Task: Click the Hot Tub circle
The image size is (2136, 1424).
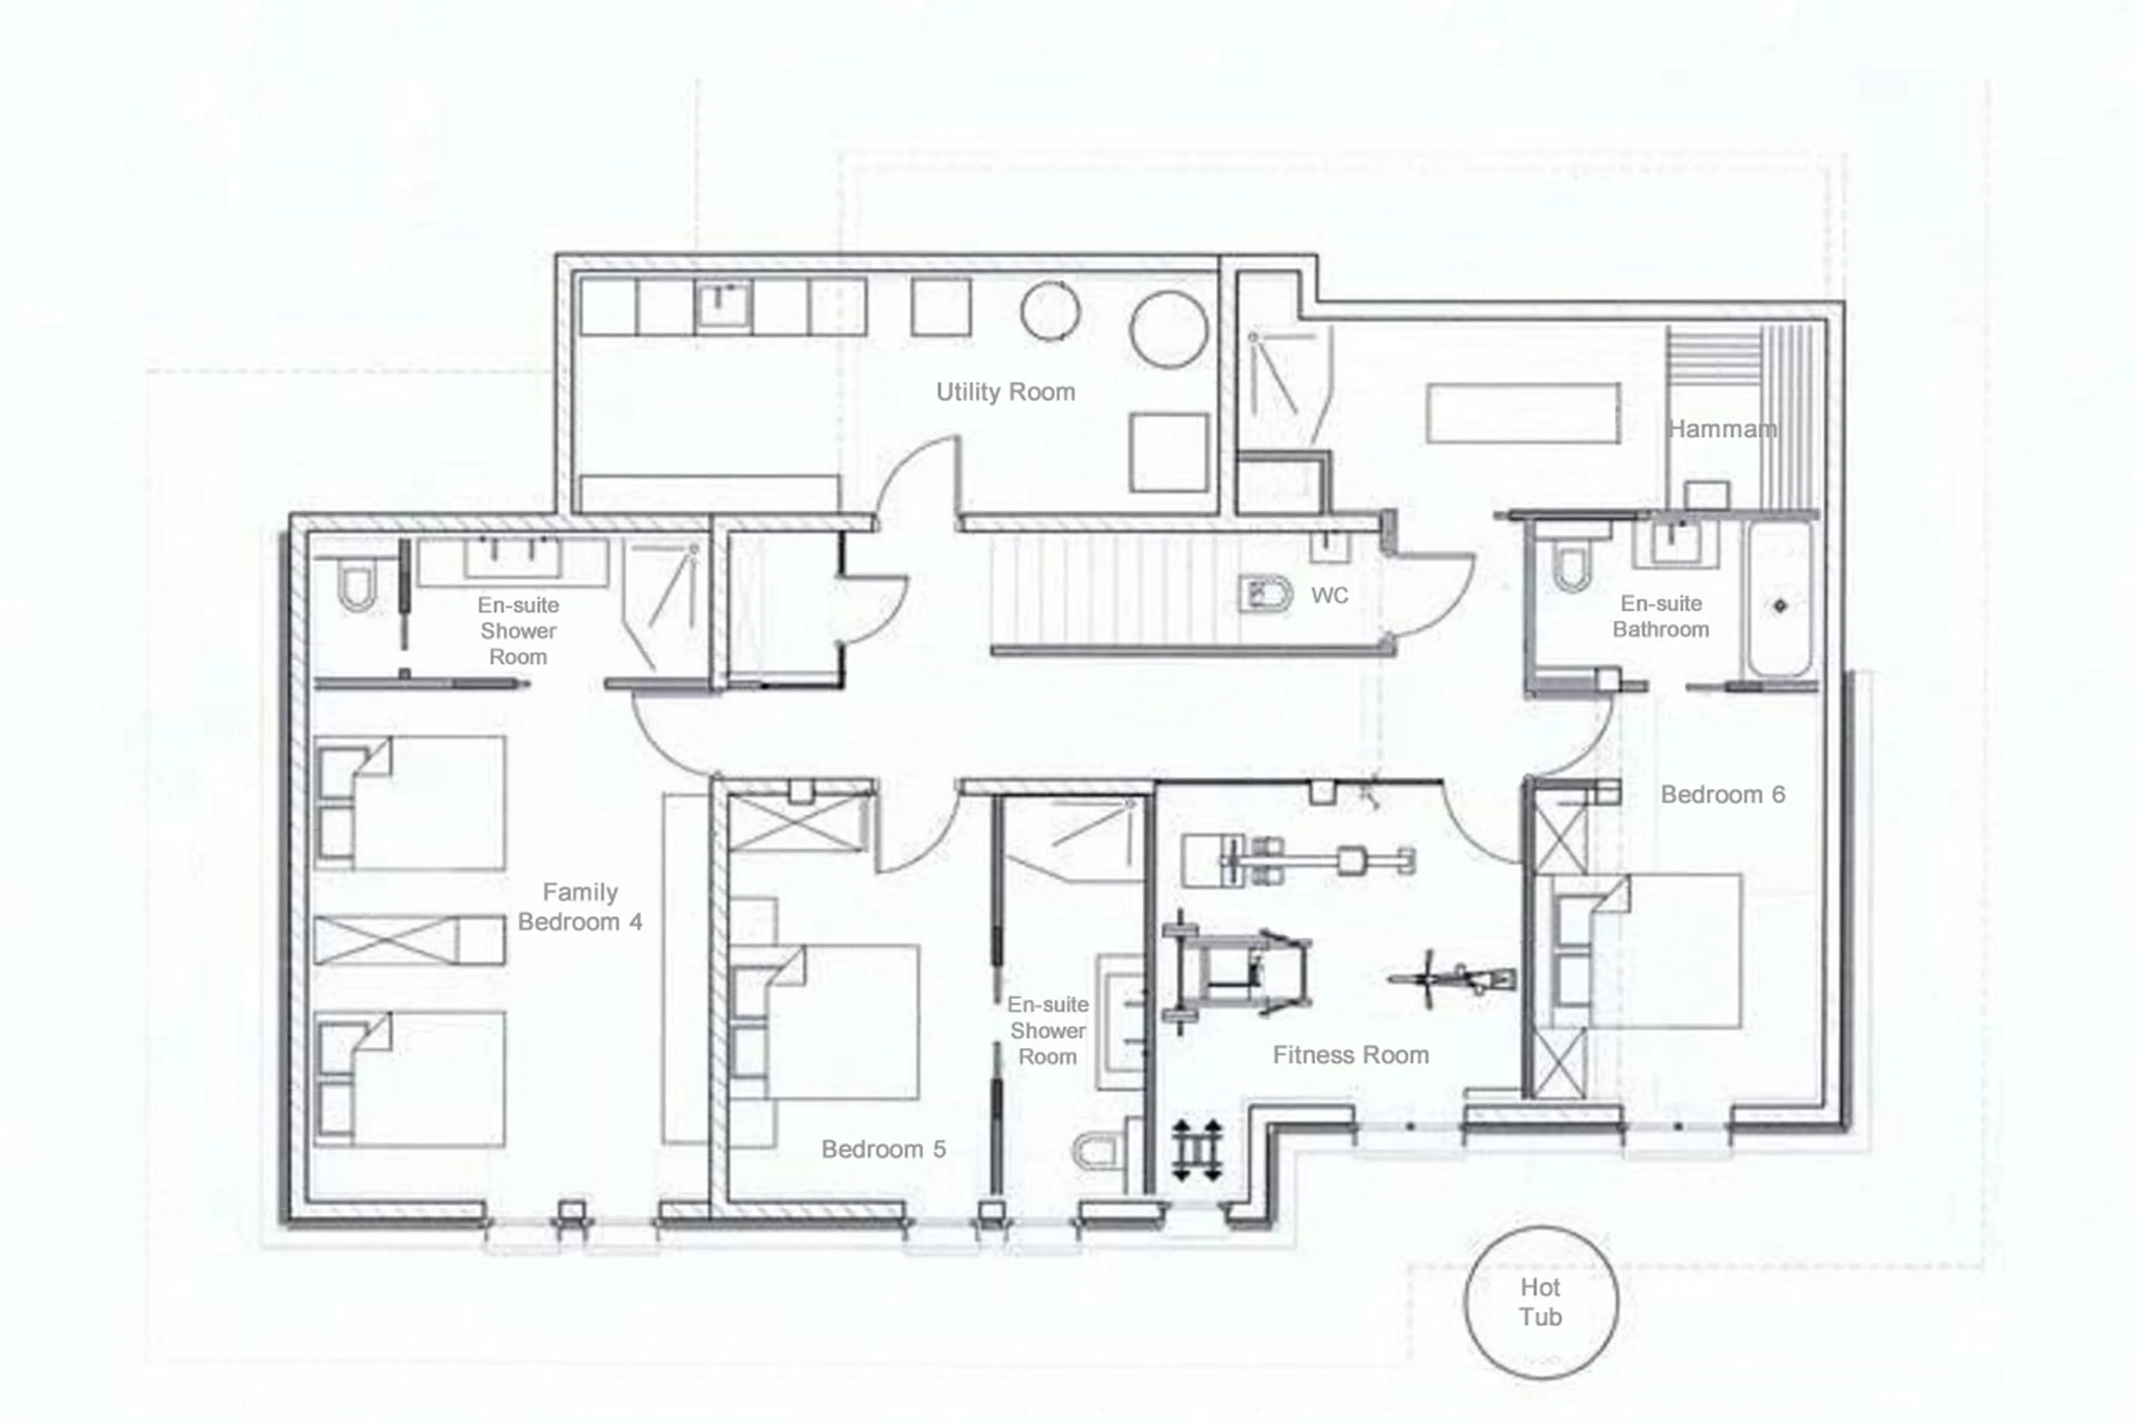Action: pos(1540,1302)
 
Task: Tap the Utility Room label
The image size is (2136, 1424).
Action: pos(1005,392)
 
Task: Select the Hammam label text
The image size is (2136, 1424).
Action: pos(1722,428)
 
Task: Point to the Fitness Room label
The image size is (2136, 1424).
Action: pos(1350,1055)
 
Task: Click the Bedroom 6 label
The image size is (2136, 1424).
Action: pos(1722,795)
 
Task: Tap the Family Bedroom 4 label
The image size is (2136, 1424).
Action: pos(580,907)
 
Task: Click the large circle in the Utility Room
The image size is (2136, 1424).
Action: pos(1168,329)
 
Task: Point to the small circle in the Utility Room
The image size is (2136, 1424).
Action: pos(1050,311)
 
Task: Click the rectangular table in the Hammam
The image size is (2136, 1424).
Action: pos(1522,413)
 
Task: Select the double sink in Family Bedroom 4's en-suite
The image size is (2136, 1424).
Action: pos(512,559)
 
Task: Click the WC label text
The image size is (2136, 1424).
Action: pos(1329,596)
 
